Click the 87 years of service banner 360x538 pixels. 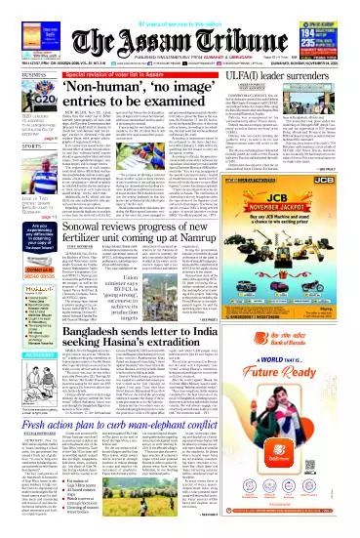tap(181, 6)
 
